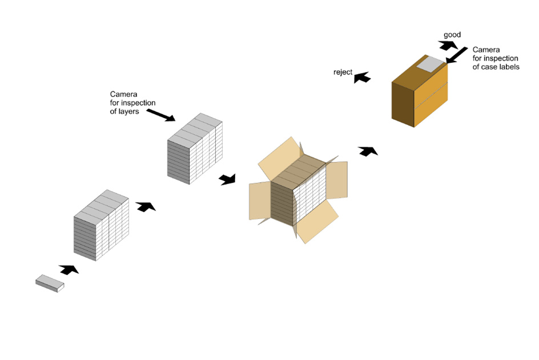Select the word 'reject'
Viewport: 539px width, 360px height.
[x=342, y=72]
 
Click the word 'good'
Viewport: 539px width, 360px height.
[x=452, y=35]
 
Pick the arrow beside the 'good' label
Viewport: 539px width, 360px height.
[x=448, y=46]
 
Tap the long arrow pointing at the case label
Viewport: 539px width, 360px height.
[x=457, y=56]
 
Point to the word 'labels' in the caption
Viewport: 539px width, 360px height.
[x=508, y=67]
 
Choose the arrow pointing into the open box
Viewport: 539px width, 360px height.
[x=227, y=180]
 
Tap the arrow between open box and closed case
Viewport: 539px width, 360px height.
[x=367, y=151]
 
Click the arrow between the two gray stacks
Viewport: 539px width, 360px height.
[x=146, y=206]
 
